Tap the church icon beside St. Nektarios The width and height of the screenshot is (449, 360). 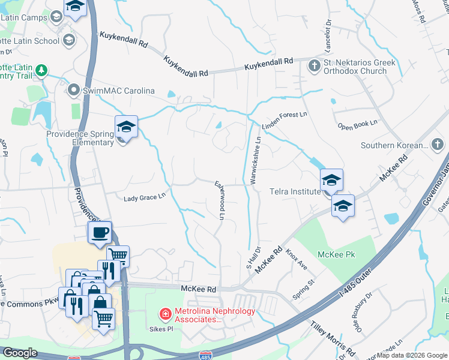pos(314,64)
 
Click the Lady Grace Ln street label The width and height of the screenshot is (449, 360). pos(144,197)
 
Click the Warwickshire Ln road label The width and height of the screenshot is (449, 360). pos(255,159)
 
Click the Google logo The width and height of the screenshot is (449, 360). pos(19,353)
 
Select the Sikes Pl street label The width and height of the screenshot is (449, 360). pos(161,329)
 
